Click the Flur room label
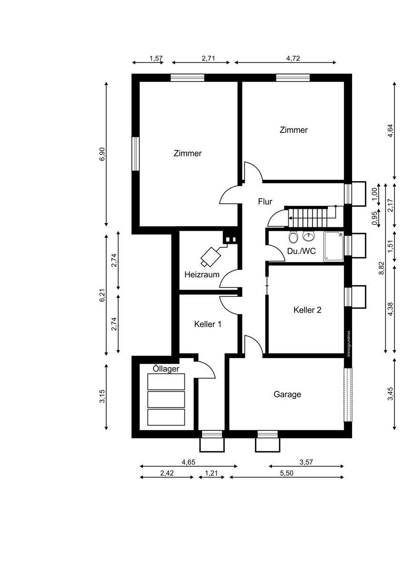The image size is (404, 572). [265, 202]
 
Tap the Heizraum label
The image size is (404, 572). [202, 275]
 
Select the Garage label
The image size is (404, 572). [287, 394]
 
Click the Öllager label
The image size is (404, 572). [166, 369]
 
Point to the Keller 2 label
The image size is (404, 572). [307, 310]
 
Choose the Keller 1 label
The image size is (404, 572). [208, 324]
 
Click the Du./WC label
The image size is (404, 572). [302, 251]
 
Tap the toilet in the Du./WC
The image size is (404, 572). [293, 237]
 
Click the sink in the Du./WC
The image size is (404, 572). [309, 236]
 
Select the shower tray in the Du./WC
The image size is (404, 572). [334, 246]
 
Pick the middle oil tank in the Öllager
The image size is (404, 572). [166, 399]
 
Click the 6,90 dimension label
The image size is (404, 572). [102, 154]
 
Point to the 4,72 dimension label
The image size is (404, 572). [293, 58]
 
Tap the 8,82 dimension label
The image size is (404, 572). [381, 268]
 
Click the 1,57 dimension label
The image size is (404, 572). [156, 58]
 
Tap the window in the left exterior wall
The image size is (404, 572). [135, 153]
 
